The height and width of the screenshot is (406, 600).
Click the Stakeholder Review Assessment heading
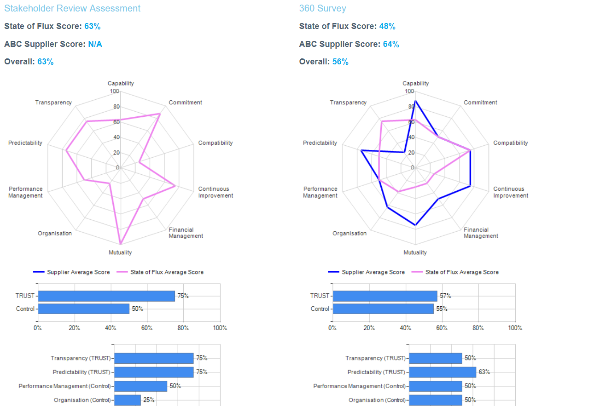pyautogui.click(x=72, y=8)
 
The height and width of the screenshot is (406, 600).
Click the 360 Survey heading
pyautogui.click(x=322, y=8)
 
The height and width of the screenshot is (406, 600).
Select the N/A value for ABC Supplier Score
pyautogui.click(x=95, y=44)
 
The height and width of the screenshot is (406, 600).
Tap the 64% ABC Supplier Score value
pyautogui.click(x=391, y=44)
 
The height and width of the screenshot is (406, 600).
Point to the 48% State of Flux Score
pyautogui.click(x=387, y=26)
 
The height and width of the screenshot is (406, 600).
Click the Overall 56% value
pyautogui.click(x=340, y=62)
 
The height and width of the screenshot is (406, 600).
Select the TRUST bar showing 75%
pyautogui.click(x=106, y=296)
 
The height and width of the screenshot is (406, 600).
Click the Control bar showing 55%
pyautogui.click(x=383, y=309)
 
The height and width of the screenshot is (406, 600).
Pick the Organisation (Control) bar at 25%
pyautogui.click(x=128, y=400)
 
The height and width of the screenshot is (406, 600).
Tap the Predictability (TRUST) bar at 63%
pyautogui.click(x=443, y=372)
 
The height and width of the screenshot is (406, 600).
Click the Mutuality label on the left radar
pyautogui.click(x=120, y=252)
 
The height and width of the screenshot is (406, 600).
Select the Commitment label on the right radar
pyautogui.click(x=480, y=103)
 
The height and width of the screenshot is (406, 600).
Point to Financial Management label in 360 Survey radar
pyautogui.click(x=480, y=233)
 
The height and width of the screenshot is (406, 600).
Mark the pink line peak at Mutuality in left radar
pyautogui.click(x=120, y=244)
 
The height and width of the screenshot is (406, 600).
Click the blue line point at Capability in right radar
pyautogui.click(x=415, y=101)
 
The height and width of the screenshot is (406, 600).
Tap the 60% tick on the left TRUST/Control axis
pyautogui.click(x=147, y=328)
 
